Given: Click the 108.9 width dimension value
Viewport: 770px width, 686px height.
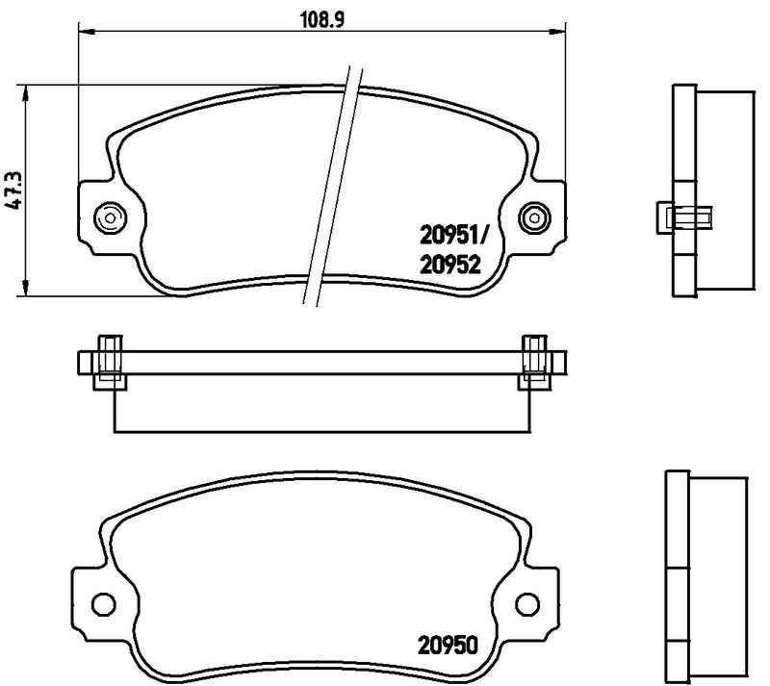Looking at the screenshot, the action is pyautogui.click(x=322, y=20).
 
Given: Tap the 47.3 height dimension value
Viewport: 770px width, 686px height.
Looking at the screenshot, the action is pyautogui.click(x=13, y=191).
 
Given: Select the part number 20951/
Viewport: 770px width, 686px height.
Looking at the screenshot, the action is pyautogui.click(x=451, y=237).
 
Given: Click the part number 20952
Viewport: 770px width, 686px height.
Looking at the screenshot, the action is pyautogui.click(x=449, y=266).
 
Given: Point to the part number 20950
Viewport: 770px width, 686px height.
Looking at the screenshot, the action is pyautogui.click(x=448, y=646).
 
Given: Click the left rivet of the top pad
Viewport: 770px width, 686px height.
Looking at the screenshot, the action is pyautogui.click(x=110, y=217).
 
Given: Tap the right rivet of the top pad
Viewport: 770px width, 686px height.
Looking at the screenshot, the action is pyautogui.click(x=535, y=217).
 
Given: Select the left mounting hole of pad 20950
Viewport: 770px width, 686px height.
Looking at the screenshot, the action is pyautogui.click(x=104, y=603).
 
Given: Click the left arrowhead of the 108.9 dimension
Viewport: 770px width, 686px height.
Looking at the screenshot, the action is pyautogui.click(x=87, y=33).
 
